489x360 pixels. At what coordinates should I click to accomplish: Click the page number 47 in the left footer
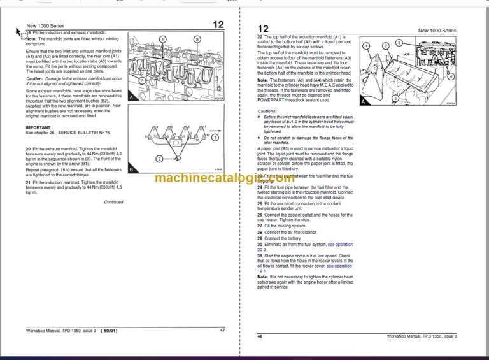pos(222,330)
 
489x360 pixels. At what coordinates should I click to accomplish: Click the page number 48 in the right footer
pos(260,336)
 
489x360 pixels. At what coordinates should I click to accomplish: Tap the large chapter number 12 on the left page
pos(218,25)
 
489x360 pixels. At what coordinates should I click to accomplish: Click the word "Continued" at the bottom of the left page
pos(113,202)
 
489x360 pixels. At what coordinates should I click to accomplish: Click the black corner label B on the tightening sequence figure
pos(131,169)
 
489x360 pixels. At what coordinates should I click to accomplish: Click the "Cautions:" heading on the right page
pos(267,111)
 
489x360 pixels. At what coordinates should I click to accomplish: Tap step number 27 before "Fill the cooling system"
pos(260,226)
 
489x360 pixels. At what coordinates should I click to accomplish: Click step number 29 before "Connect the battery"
pos(260,238)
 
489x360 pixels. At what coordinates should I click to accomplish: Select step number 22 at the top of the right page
pos(260,38)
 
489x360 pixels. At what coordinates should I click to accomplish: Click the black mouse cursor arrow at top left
pos(19,31)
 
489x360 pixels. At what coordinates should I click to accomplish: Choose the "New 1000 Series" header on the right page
pos(437,31)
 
